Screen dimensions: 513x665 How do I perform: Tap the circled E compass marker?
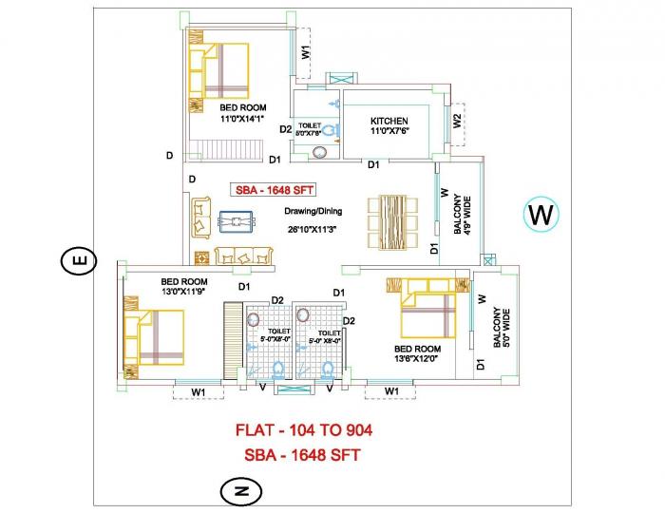tap(80, 259)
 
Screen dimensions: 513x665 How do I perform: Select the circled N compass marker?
tap(240, 490)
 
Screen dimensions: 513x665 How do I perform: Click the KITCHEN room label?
tap(389, 121)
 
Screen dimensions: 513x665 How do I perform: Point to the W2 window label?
tap(458, 122)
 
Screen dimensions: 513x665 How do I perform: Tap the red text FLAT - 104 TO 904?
tap(304, 430)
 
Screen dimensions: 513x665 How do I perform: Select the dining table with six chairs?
tap(392, 222)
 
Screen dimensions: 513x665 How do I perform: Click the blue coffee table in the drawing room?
tap(234, 221)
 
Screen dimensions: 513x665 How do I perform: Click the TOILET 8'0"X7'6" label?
tap(311, 130)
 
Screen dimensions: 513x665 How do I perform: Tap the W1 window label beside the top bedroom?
tap(306, 52)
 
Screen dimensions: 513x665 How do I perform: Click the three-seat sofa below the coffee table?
tap(243, 256)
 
